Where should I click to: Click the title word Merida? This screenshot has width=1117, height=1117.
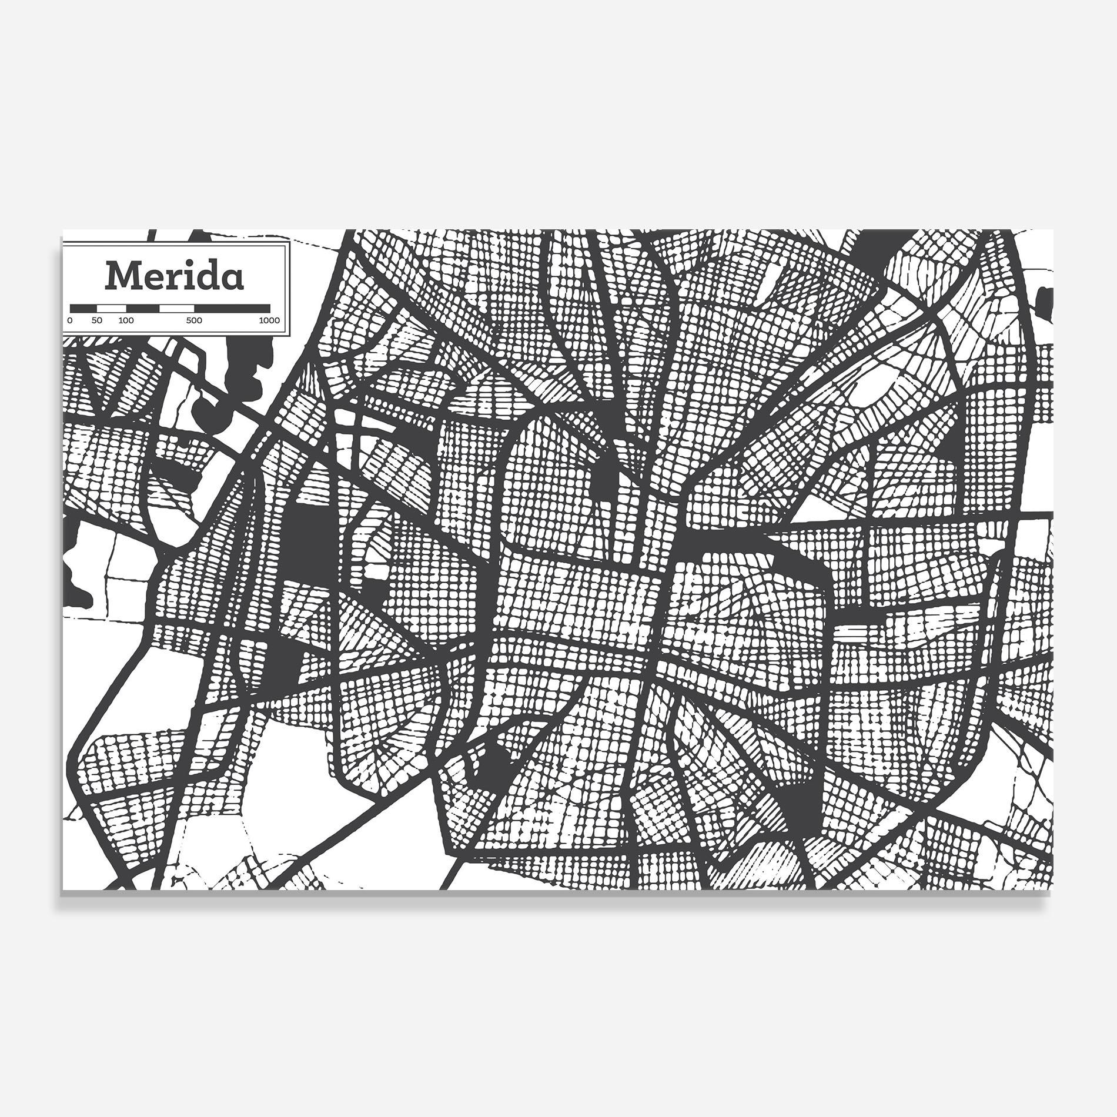click(174, 276)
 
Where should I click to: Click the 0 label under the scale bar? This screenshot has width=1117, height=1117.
click(70, 320)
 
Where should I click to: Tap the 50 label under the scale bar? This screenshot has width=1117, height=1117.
click(97, 320)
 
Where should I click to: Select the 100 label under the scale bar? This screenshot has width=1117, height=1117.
click(126, 320)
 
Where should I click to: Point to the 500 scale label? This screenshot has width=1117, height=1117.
click(194, 320)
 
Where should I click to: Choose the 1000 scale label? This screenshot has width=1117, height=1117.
click(269, 320)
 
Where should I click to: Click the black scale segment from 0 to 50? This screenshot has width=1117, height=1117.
click(83, 307)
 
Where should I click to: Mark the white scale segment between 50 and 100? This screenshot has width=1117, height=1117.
click(112, 307)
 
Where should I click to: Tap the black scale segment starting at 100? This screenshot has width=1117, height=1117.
click(142, 307)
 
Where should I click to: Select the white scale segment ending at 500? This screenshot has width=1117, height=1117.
click(176, 307)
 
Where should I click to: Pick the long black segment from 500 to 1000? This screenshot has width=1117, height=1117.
click(232, 307)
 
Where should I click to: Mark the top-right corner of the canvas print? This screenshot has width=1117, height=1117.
click(1052, 230)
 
